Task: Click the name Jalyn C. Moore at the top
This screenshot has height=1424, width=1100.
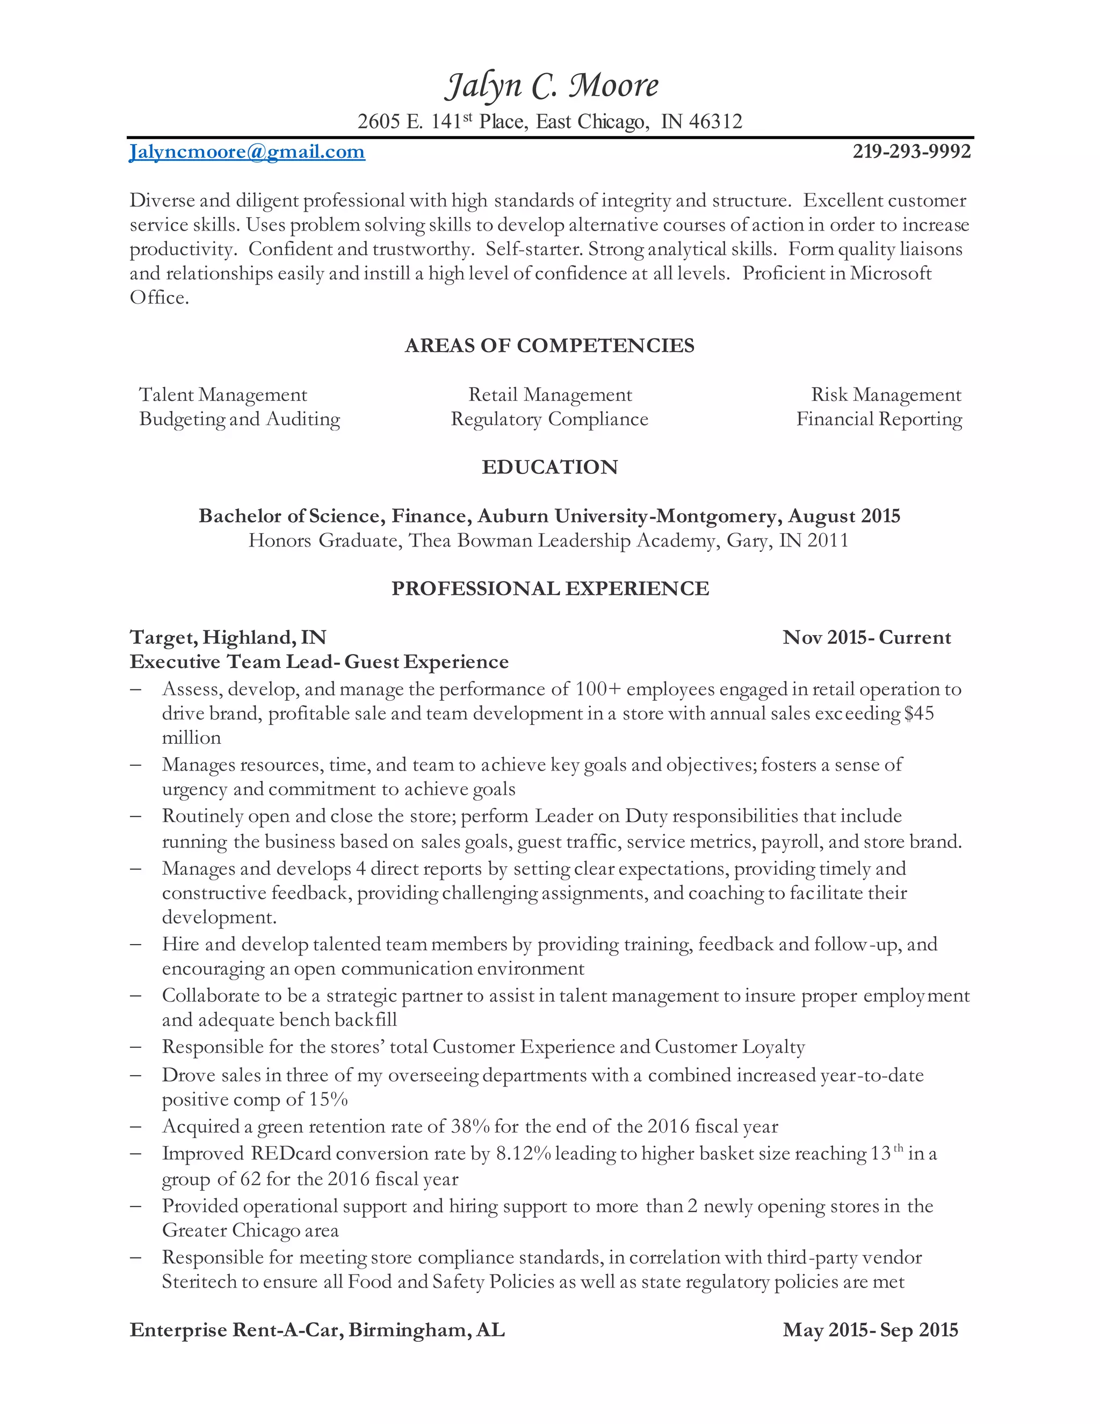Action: (x=551, y=86)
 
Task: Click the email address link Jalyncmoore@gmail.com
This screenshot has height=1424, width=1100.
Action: (x=247, y=152)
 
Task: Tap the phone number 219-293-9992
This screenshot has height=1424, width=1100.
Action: (x=911, y=152)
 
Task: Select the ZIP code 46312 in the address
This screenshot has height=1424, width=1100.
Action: (x=715, y=122)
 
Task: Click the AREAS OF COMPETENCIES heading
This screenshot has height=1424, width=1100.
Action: (x=549, y=346)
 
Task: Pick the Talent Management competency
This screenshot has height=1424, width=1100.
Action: (x=223, y=395)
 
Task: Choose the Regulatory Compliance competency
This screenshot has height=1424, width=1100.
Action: (x=549, y=419)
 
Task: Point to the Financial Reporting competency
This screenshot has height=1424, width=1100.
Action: (x=879, y=419)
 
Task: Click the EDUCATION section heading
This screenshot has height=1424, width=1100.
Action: (x=549, y=467)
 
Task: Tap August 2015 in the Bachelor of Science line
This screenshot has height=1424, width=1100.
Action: (x=844, y=516)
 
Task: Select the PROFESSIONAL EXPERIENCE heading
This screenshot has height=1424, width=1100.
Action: (x=549, y=589)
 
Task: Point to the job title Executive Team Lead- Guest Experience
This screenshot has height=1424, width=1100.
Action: (x=320, y=662)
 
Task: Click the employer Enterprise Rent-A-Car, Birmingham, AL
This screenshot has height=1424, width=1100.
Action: (x=317, y=1330)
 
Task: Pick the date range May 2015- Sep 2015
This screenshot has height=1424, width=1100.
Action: (x=870, y=1330)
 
